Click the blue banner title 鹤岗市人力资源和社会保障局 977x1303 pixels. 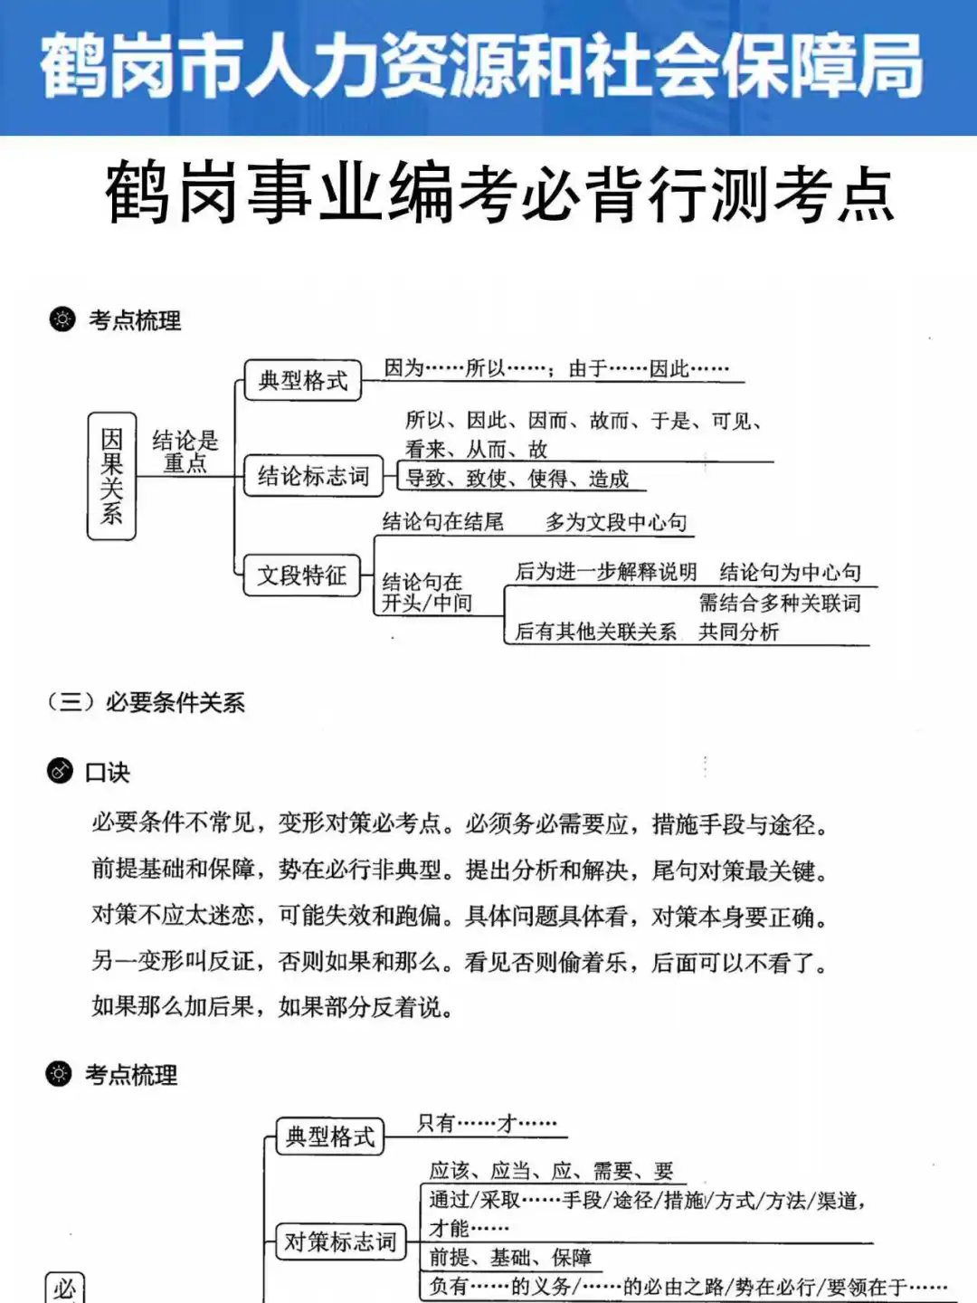[x=481, y=66]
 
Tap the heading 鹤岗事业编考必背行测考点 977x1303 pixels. [x=499, y=193]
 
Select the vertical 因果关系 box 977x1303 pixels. [x=111, y=476]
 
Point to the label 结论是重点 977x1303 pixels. [x=185, y=452]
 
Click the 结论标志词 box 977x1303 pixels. [x=313, y=476]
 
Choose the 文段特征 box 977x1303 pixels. [x=302, y=575]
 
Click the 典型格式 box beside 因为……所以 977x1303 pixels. [x=303, y=380]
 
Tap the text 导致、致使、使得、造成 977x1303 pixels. [x=517, y=479]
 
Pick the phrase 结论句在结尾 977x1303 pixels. [x=442, y=521]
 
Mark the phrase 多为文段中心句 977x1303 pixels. [x=616, y=522]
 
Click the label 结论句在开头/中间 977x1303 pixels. [x=426, y=593]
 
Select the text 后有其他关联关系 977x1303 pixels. [x=595, y=632]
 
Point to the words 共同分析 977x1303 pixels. [x=738, y=632]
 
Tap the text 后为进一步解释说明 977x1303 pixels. [x=606, y=572]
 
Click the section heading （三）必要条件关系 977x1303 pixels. [x=147, y=702]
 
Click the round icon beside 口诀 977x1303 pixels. [x=60, y=771]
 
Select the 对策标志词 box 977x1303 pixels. [x=340, y=1241]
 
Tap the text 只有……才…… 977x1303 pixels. [x=487, y=1124]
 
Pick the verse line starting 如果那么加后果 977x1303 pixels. [x=272, y=1006]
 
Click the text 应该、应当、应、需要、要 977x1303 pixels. [x=551, y=1171]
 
